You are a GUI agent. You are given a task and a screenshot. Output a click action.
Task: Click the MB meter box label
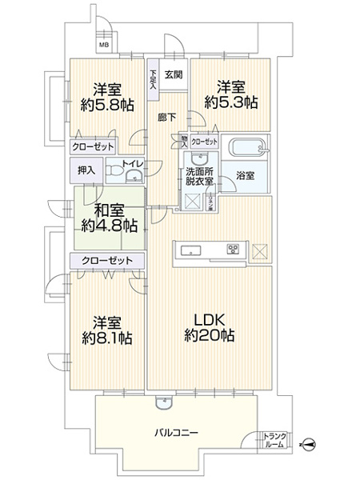click(x=104, y=45)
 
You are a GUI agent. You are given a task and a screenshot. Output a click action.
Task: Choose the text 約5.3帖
click(x=230, y=102)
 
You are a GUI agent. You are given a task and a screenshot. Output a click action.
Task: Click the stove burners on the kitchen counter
click(x=234, y=249)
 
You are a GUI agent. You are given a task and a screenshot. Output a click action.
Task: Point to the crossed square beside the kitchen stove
click(x=261, y=250)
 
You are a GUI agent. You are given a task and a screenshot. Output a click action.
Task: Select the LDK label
click(x=206, y=318)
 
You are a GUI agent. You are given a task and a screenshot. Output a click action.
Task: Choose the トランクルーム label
click(x=273, y=439)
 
